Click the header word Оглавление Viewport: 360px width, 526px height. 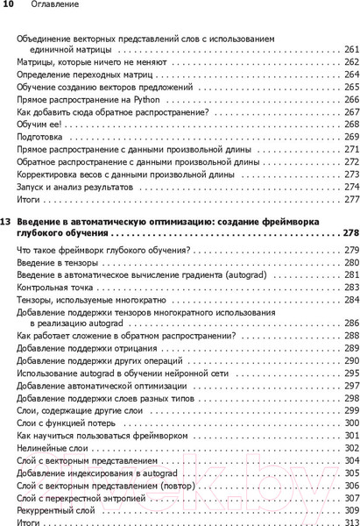[55, 5]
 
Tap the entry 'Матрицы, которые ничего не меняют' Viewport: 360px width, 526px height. [89, 63]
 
